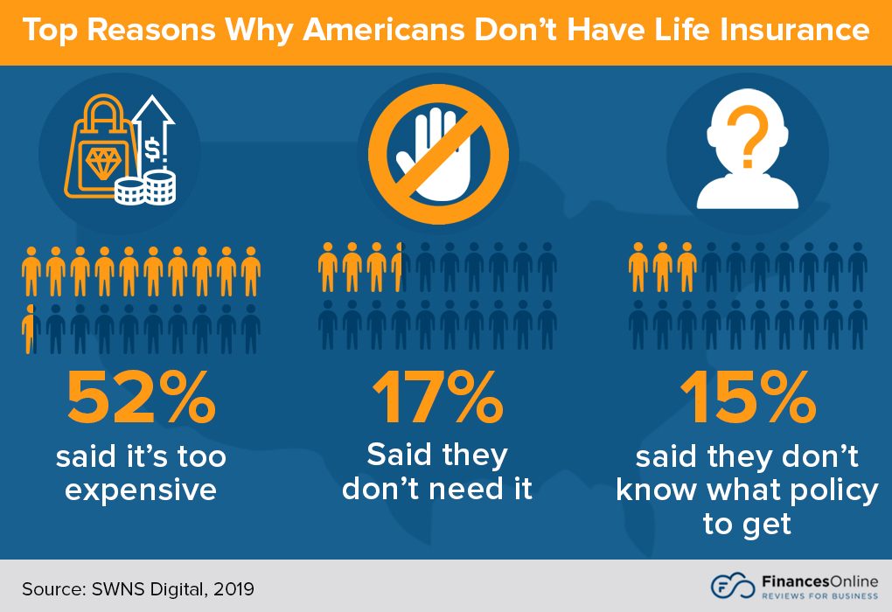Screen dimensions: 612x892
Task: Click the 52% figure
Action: pyautogui.click(x=141, y=398)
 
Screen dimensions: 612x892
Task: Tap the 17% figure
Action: pyautogui.click(x=437, y=398)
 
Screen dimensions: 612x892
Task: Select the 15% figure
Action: pyautogui.click(x=748, y=398)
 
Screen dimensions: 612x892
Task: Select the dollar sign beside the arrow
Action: pyautogui.click(x=153, y=151)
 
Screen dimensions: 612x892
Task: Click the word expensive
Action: pyautogui.click(x=141, y=490)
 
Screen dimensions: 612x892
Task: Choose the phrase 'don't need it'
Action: pyautogui.click(x=437, y=488)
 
